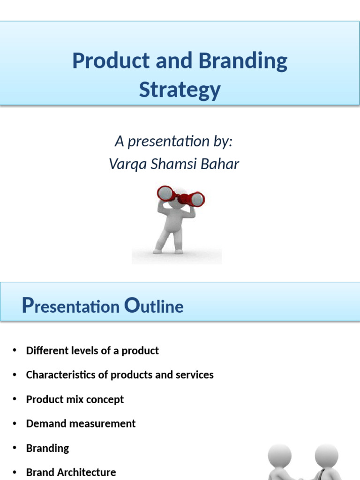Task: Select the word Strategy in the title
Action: pyautogui.click(x=180, y=89)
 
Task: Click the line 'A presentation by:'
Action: pyautogui.click(x=173, y=141)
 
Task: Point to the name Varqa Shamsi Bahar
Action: pyautogui.click(x=174, y=164)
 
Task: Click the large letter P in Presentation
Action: pyautogui.click(x=28, y=306)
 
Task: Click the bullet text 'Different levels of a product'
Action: pyautogui.click(x=92, y=351)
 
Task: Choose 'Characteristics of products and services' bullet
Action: pyautogui.click(x=120, y=375)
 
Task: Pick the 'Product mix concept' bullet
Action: pyautogui.click(x=75, y=399)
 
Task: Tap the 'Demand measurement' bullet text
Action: pyautogui.click(x=81, y=424)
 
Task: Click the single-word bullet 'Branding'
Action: pyautogui.click(x=47, y=448)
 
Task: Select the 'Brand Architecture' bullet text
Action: pyautogui.click(x=71, y=472)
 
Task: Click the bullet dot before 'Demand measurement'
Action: pyautogui.click(x=15, y=423)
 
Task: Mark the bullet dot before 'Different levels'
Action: pyautogui.click(x=15, y=350)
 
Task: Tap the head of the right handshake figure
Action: pyautogui.click(x=326, y=455)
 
